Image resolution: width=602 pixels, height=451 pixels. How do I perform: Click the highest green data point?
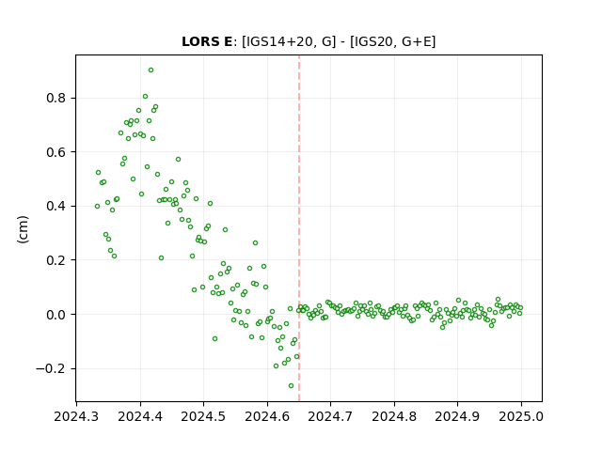pos(150,70)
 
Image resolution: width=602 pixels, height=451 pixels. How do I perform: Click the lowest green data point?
pos(291,386)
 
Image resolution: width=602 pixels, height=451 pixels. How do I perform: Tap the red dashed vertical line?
pos(299,228)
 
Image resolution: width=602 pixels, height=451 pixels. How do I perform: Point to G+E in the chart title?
pos(417,41)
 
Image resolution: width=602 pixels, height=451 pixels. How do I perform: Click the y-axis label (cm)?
pos(23,229)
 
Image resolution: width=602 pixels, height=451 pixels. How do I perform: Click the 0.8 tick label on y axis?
pos(56,98)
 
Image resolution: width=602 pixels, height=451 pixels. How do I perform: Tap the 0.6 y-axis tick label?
pos(56,152)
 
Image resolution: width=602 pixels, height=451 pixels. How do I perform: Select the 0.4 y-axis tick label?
pos(56,207)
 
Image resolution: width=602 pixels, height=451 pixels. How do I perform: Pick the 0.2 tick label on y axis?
pos(56,260)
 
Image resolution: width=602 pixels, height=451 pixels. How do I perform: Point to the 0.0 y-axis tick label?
pos(56,315)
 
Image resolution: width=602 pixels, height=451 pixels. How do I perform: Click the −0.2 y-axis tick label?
pos(51,368)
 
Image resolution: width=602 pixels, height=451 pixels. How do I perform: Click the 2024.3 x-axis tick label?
pos(76,416)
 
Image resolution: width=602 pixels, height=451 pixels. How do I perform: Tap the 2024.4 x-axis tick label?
pos(140,416)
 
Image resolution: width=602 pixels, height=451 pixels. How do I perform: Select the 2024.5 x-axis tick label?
pos(203,416)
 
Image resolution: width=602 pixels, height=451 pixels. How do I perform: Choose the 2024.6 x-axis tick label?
pos(267,416)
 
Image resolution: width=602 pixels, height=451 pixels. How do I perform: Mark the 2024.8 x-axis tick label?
pos(394,416)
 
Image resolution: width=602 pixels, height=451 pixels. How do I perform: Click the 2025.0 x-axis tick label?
pos(521,416)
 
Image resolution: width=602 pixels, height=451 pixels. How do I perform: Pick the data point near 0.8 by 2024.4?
pos(145,96)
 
